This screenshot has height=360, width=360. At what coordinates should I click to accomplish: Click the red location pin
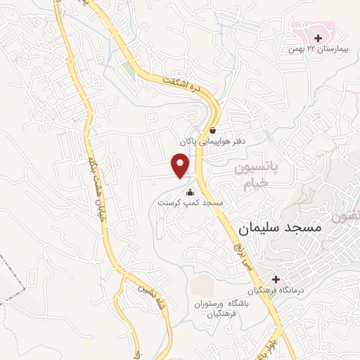click(181, 165)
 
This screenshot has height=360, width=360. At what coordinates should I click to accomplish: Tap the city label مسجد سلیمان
click(279, 228)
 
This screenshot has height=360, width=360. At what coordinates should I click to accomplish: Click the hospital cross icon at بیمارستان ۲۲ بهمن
click(319, 38)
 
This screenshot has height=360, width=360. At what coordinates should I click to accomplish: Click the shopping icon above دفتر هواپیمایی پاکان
click(212, 130)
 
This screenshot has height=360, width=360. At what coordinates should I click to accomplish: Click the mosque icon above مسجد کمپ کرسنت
click(189, 192)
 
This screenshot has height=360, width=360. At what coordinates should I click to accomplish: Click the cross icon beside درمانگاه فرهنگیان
click(276, 279)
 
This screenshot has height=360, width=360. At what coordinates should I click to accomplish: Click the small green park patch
click(129, 67)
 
